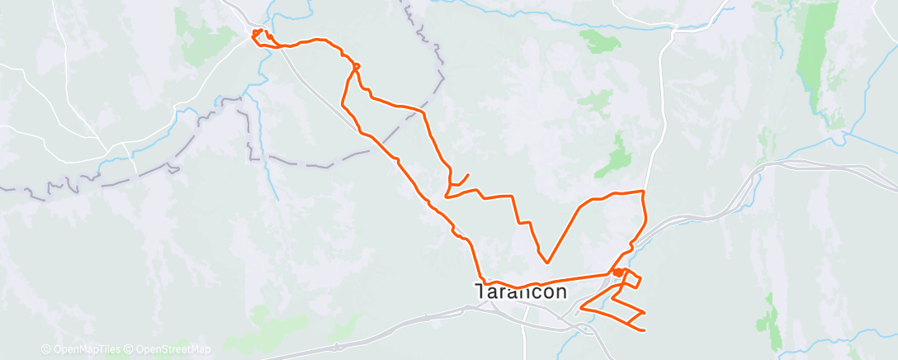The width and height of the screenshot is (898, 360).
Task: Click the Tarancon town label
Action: pyautogui.click(x=520, y=292)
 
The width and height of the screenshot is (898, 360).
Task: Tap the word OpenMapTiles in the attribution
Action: pyautogui.click(x=82, y=349)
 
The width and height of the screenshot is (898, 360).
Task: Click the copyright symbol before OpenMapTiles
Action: pyautogui.click(x=45, y=349)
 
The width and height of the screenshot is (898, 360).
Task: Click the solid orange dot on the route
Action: pyautogui.click(x=617, y=272)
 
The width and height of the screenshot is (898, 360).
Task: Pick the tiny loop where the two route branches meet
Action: pyautogui.click(x=356, y=66)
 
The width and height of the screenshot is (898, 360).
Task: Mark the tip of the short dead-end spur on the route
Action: pyautogui.click(x=469, y=174)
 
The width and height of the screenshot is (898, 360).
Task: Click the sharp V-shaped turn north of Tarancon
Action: pyautogui.click(x=545, y=263)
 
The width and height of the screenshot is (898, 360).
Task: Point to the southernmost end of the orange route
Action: pyautogui.click(x=642, y=330)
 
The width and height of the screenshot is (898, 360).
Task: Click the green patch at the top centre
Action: pyautogui.click(x=598, y=39)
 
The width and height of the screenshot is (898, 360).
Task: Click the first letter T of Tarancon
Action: pyautogui.click(x=480, y=292)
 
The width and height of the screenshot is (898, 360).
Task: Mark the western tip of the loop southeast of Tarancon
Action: pyautogui.click(x=582, y=309)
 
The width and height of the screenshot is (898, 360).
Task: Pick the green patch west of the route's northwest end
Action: pyautogui.click(x=198, y=37)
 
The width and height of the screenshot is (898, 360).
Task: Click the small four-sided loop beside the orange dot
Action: pyautogui.click(x=630, y=280)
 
